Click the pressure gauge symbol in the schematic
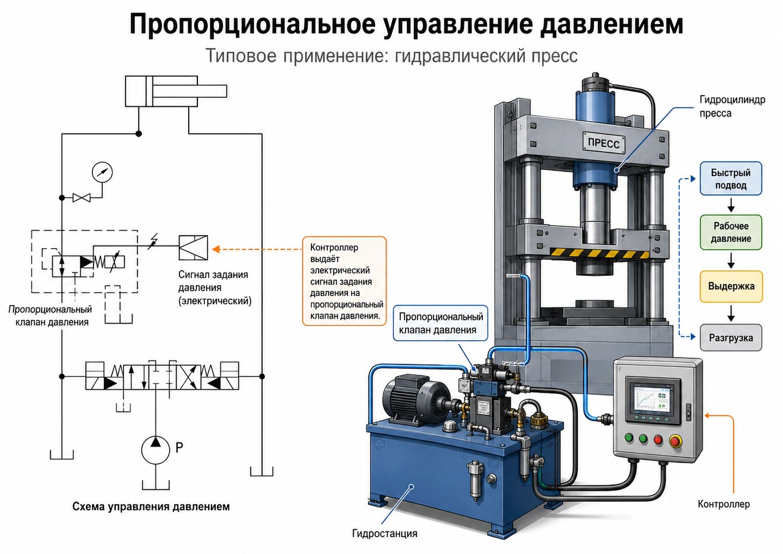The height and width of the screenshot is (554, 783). click(102, 172)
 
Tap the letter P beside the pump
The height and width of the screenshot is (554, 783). click(179, 447)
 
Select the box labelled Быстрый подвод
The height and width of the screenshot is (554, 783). click(731, 178)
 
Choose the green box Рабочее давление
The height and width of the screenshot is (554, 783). click(731, 232)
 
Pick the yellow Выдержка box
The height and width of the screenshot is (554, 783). click(731, 286)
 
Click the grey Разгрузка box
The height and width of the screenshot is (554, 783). click(731, 337)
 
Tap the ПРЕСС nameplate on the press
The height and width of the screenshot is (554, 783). click(604, 143)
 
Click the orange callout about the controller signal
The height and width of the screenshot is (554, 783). click(344, 281)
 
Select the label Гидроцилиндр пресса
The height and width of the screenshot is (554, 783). click(732, 106)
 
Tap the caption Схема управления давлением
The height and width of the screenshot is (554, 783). click(151, 507)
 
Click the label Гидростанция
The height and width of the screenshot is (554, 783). click(384, 533)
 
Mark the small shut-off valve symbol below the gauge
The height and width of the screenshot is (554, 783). click(82, 198)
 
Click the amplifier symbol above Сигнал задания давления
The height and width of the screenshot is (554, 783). click(194, 248)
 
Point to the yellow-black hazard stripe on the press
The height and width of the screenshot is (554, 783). click(599, 253)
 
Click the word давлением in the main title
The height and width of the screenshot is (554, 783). click(612, 24)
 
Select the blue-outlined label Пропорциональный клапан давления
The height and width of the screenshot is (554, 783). click(440, 323)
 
